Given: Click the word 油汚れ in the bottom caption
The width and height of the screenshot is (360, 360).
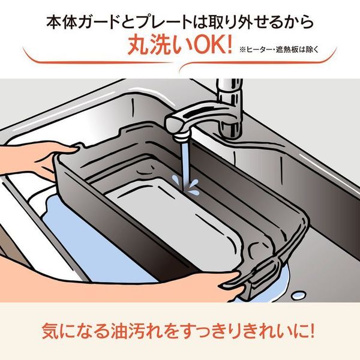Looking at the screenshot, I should [x=137, y=332].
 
